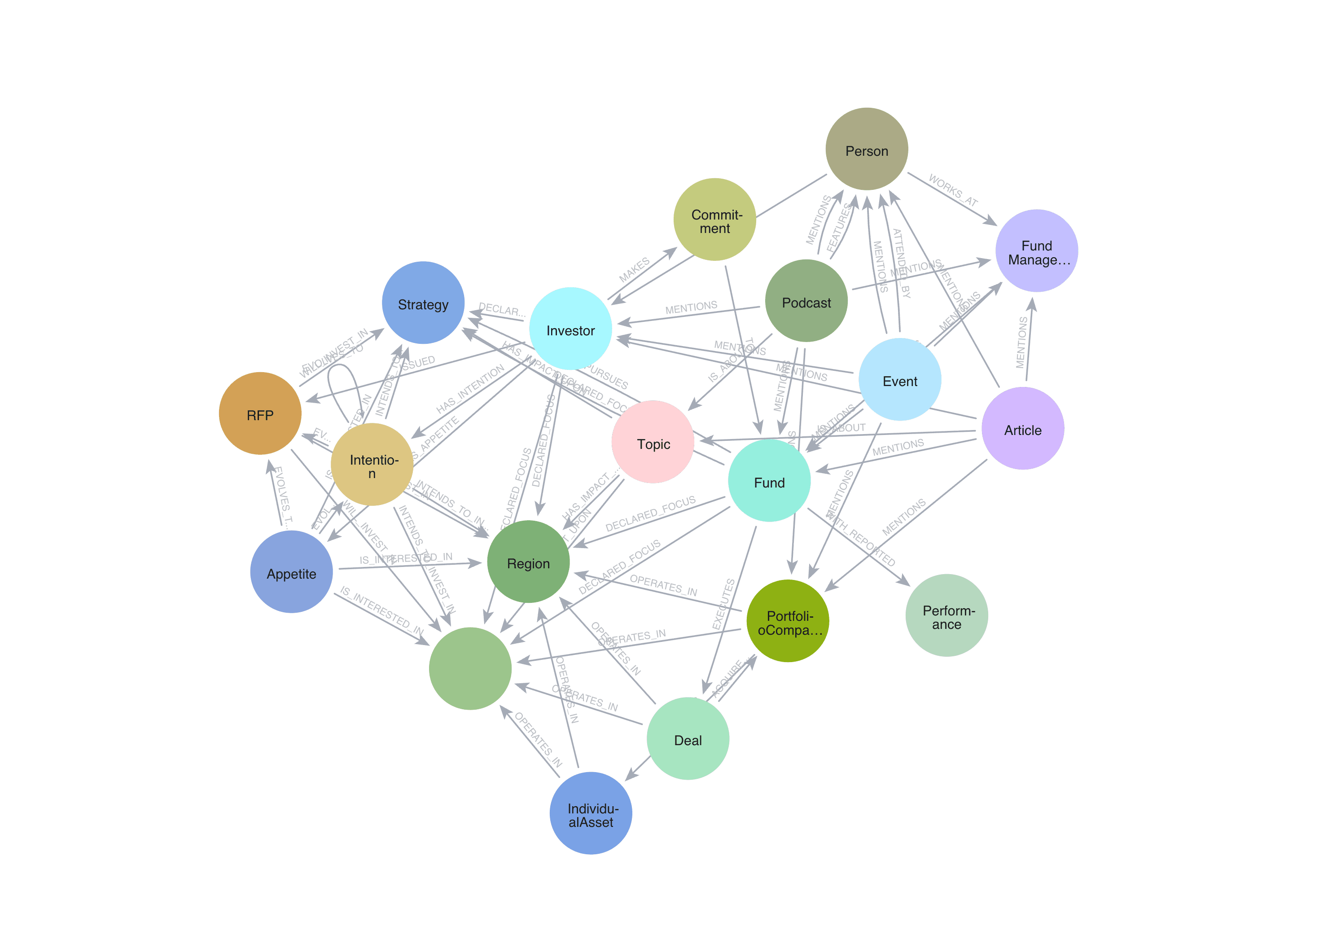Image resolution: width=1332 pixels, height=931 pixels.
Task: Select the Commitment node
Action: (x=715, y=220)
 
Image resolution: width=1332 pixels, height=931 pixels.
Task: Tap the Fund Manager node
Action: (x=1037, y=251)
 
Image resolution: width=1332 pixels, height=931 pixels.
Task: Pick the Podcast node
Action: (x=806, y=301)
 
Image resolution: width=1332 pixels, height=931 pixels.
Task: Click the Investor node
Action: (x=571, y=329)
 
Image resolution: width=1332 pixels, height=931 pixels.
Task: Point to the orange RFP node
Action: (x=260, y=414)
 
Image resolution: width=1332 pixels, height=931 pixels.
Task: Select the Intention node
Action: (x=372, y=465)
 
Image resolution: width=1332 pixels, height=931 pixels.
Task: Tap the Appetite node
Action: (x=291, y=572)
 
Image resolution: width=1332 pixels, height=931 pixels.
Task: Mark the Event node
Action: (x=900, y=380)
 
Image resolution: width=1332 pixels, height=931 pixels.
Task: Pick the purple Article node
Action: (x=1023, y=429)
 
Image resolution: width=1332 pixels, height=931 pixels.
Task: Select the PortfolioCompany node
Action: (x=788, y=621)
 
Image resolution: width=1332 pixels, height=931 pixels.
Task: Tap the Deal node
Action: (x=688, y=739)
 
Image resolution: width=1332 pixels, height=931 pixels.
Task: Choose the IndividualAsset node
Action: (x=591, y=813)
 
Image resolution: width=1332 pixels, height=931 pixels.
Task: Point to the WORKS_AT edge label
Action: (x=953, y=190)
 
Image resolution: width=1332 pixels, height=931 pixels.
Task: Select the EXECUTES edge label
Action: (x=723, y=604)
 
